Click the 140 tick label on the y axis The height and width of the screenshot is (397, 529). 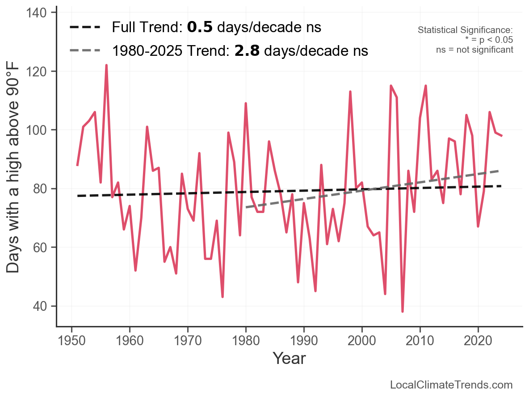tap(39, 13)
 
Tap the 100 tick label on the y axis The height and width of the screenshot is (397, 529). tap(39, 130)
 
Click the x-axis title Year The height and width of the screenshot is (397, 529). tap(289, 358)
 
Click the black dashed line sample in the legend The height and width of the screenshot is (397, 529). tap(85, 28)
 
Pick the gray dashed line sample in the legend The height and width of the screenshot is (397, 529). tap(85, 51)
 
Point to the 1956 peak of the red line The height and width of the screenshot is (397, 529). tap(106, 65)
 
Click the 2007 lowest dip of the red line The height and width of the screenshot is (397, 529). tap(403, 311)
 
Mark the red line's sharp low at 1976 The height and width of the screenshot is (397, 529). tap(223, 297)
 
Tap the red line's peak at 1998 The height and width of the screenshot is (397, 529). tap(350, 92)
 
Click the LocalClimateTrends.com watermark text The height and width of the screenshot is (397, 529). tap(451, 385)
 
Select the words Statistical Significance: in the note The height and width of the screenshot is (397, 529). tap(465, 30)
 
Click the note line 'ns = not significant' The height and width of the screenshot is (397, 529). tap(474, 50)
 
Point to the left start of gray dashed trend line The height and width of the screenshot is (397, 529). tap(246, 207)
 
